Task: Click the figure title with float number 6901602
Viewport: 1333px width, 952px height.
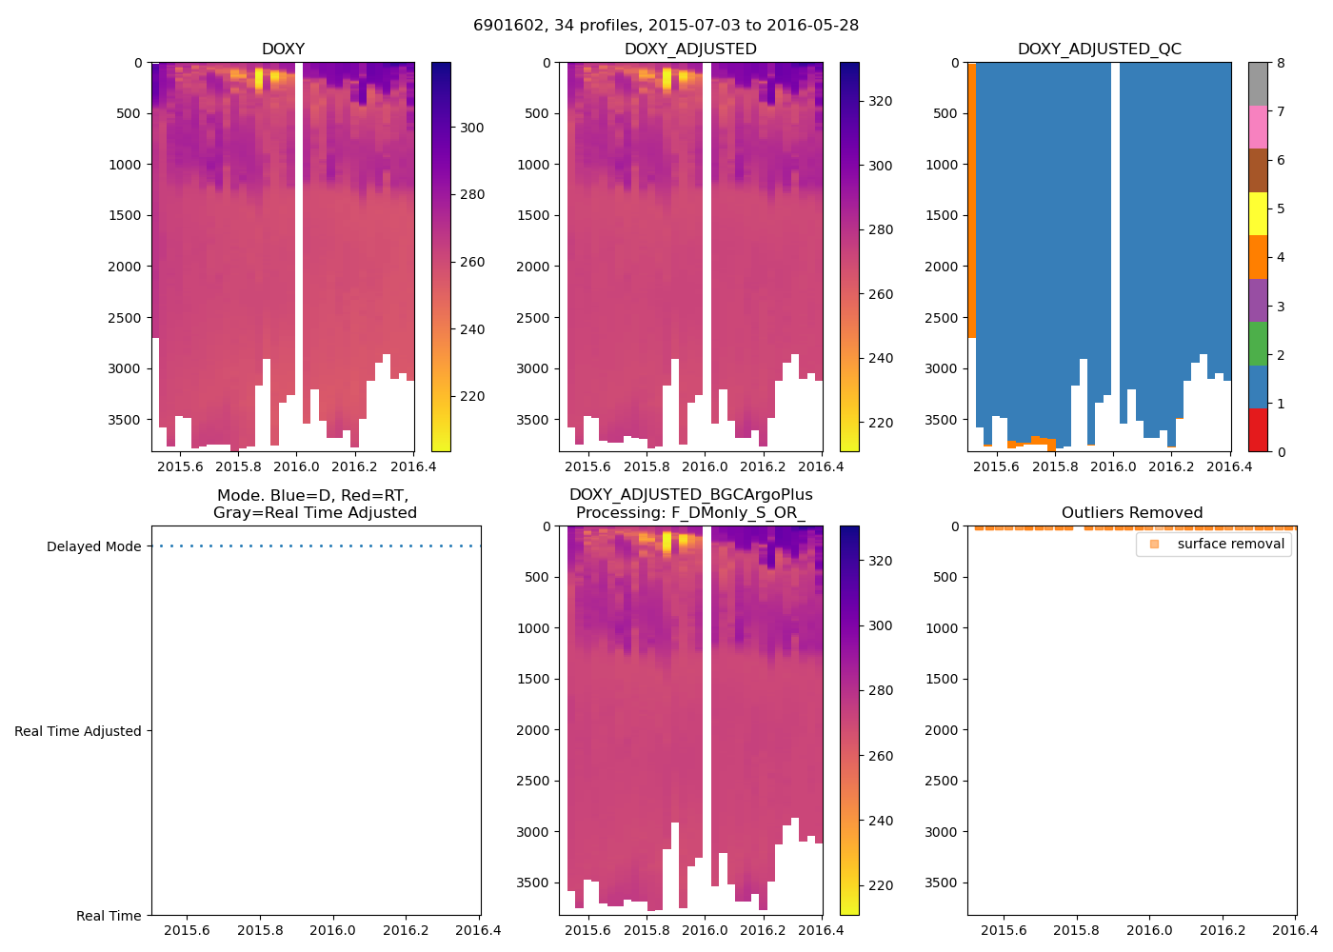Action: coord(666,26)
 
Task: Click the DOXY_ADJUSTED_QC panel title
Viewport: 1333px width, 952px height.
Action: coord(1099,50)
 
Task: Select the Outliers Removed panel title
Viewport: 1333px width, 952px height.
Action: coord(1131,513)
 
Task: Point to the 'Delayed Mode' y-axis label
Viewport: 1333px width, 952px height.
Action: coord(93,546)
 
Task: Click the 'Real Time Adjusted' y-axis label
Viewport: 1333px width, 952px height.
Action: coord(78,731)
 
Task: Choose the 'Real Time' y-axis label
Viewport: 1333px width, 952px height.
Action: coord(109,916)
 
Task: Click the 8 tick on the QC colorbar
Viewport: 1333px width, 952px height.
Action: coord(1281,63)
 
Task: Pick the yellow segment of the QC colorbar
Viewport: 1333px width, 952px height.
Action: coord(1258,213)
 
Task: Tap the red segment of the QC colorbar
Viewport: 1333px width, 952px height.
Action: coord(1258,430)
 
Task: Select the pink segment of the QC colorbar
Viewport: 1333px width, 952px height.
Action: coord(1258,127)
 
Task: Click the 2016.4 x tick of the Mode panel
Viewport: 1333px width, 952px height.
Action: coord(479,930)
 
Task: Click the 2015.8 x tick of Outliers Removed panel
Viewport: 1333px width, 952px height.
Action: coord(1077,930)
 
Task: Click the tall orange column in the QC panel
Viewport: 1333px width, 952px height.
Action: coord(972,200)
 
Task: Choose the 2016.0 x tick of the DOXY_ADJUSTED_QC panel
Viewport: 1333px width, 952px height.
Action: coord(1113,466)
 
